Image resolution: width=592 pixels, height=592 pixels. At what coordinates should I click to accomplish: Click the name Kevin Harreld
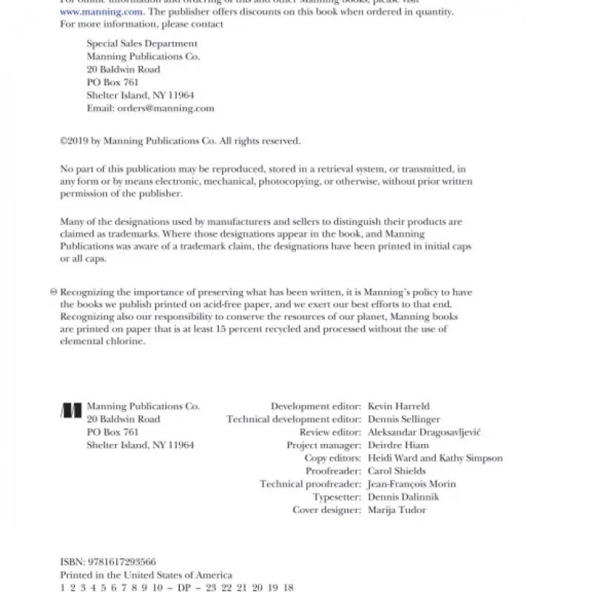click(x=398, y=406)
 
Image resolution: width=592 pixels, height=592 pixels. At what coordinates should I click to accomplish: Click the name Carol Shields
click(x=397, y=471)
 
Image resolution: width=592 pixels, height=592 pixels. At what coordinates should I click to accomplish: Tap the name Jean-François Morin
click(x=411, y=484)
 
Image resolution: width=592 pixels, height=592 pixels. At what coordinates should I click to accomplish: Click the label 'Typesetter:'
click(x=337, y=497)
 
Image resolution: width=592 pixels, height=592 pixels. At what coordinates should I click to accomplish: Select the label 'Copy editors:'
click(x=333, y=458)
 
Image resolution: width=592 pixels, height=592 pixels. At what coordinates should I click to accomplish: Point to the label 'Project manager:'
click(x=324, y=445)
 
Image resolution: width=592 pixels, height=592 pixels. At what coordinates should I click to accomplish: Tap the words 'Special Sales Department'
click(x=142, y=44)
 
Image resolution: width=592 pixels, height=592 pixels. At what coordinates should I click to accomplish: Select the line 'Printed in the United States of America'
click(x=146, y=575)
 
